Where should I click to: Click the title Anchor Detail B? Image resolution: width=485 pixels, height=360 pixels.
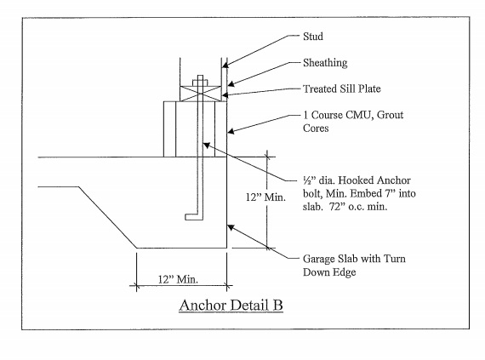(231, 306)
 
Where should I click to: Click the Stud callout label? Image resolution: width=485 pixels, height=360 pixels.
(313, 37)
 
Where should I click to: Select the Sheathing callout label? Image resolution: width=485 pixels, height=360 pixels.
(325, 63)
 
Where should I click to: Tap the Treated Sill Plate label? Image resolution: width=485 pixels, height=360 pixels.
(342, 89)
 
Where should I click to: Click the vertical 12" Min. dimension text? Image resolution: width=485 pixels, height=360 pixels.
(265, 197)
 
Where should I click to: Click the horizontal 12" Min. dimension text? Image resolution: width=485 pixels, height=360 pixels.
(178, 280)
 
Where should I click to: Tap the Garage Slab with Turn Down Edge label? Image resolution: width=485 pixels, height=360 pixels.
(354, 266)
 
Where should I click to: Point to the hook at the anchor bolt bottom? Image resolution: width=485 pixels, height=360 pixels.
(194, 217)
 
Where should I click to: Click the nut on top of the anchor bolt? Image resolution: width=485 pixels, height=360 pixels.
(200, 83)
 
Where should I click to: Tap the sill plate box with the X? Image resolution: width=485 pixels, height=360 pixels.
(201, 94)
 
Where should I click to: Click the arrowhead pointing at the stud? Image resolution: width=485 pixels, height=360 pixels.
(225, 65)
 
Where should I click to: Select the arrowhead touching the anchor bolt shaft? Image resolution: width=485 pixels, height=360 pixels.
(207, 145)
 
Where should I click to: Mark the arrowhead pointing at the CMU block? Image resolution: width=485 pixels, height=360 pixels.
(231, 131)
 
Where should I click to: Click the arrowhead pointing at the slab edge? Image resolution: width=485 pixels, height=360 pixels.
(231, 227)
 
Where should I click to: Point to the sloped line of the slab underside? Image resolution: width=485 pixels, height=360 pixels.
(108, 217)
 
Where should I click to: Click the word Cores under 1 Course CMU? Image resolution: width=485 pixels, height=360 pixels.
(316, 128)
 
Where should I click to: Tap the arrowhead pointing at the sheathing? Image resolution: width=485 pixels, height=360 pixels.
(231, 83)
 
